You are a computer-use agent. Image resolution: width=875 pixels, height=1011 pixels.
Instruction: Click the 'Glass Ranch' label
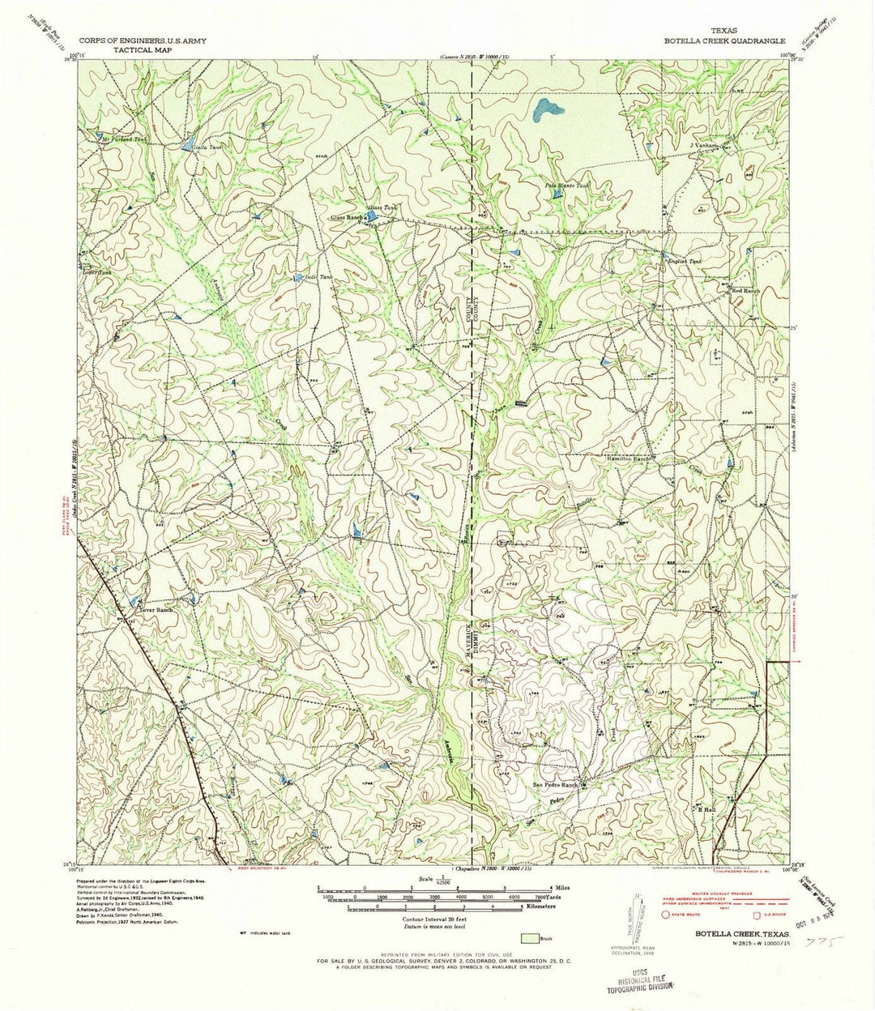(x=344, y=218)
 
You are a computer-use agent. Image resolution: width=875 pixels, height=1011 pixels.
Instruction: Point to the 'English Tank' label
(x=683, y=262)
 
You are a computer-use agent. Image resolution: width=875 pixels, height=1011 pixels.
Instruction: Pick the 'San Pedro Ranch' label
(x=555, y=785)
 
